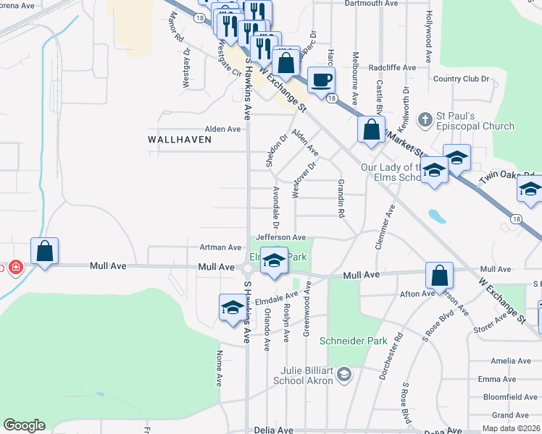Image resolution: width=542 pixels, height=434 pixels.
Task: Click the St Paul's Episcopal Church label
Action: point(475,121)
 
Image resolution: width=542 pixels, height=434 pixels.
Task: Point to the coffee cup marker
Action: point(320,80)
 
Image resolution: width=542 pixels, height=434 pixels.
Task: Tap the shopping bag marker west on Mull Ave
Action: point(44,252)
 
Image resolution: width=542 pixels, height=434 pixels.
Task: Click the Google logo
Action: point(24,425)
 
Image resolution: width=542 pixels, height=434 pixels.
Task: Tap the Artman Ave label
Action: point(220,247)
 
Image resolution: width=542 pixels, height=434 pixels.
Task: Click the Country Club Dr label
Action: point(463,79)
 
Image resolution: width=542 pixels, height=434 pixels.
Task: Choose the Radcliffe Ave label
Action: point(392,67)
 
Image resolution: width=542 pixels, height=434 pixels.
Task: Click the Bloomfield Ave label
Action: point(512,397)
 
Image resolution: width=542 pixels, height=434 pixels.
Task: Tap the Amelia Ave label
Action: point(511,361)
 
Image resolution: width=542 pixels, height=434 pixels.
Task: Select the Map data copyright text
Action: point(510,428)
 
